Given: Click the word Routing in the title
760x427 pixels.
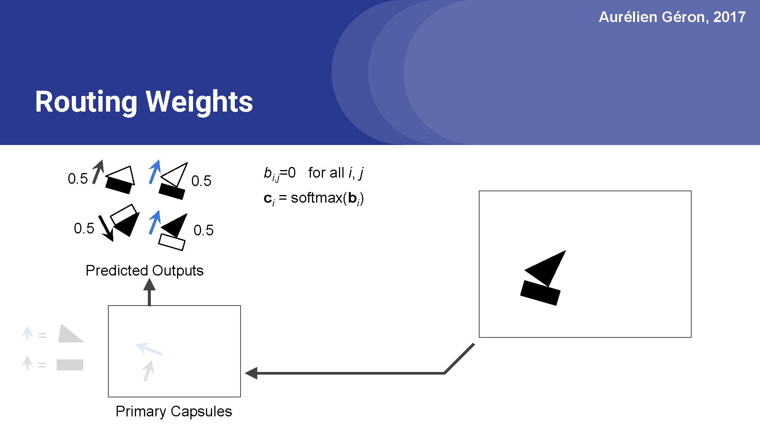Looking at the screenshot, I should tap(86, 102).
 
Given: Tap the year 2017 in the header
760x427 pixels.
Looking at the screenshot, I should tap(729, 17).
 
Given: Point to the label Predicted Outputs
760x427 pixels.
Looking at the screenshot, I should tap(144, 270).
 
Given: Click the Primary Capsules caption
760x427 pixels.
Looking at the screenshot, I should tap(174, 411).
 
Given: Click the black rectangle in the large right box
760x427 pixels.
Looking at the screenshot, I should tap(540, 293).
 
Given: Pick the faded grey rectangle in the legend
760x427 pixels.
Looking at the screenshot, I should tap(70, 365).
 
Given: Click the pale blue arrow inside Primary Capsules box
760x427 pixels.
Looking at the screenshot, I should tap(149, 348).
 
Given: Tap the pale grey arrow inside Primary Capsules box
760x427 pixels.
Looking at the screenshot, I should tap(148, 370).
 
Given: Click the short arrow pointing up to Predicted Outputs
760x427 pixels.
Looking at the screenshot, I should tap(149, 292).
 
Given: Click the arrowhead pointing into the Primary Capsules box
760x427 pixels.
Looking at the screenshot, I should tap(252, 373).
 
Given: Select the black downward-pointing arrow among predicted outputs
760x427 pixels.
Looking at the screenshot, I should tap(106, 228).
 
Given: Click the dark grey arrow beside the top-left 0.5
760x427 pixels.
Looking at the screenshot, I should tap(98, 172).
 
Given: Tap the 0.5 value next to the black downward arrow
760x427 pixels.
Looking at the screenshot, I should tap(84, 228).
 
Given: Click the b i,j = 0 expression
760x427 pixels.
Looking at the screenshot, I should tap(280, 173).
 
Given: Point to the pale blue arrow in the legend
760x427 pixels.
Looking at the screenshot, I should tap(27, 333).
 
